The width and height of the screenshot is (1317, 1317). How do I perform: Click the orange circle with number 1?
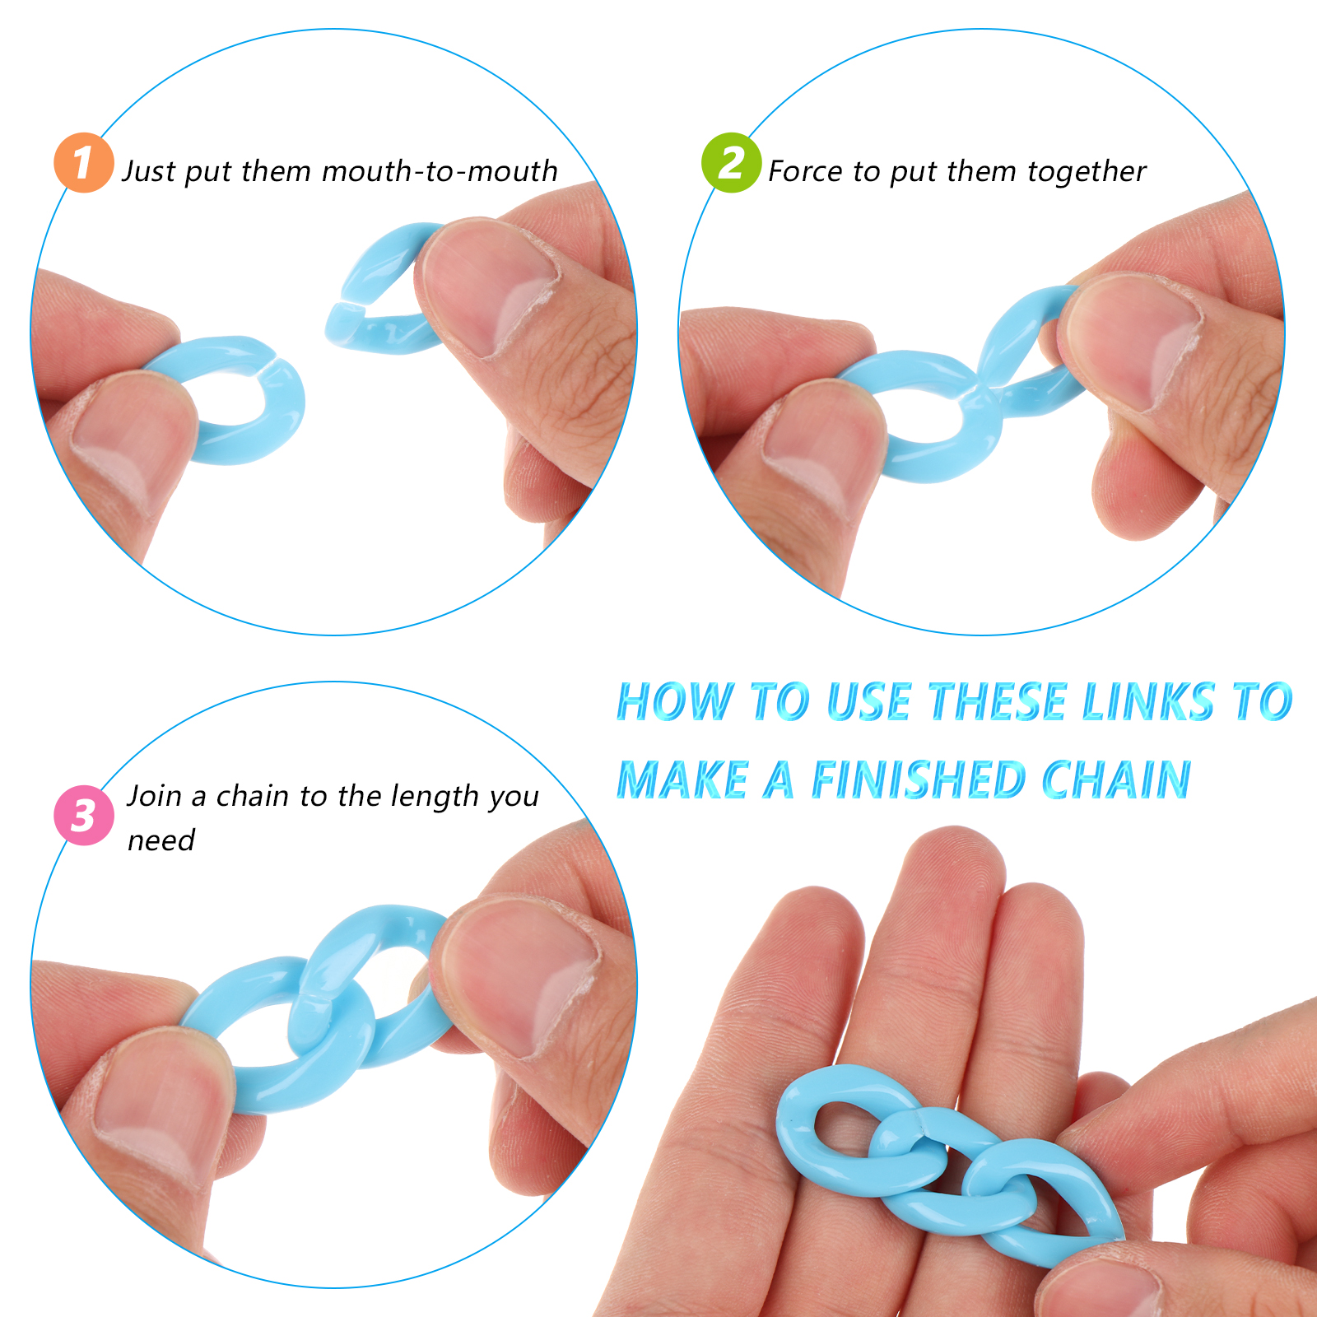click(83, 163)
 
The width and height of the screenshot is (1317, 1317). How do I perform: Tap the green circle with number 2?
click(731, 163)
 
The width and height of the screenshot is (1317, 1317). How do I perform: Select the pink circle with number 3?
click(83, 815)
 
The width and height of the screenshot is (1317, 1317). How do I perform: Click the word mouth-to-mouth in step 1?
click(440, 171)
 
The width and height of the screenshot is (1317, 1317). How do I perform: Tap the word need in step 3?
click(161, 841)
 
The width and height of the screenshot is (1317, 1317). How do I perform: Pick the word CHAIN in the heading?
click(1116, 779)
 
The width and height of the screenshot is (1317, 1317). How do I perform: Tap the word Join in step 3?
click(154, 796)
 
